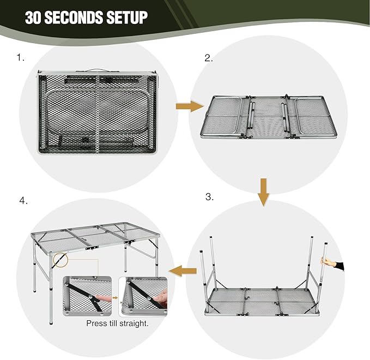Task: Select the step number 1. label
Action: pos(21,56)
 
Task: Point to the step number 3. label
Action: pos(209,197)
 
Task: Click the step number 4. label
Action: pos(23,200)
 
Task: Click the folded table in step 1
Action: pos(98,114)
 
